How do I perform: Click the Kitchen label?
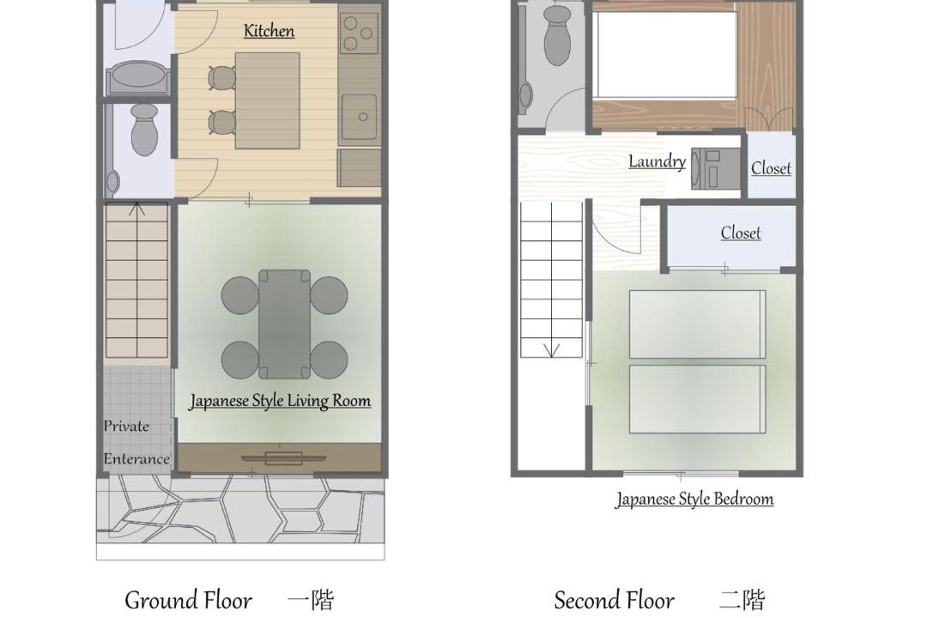point(269,31)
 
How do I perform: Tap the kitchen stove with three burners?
point(359,33)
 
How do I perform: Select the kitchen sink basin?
point(359,117)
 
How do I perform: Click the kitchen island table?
point(267,100)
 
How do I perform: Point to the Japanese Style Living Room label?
point(280,401)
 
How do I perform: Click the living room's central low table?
point(284,324)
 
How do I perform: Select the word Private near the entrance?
point(126,426)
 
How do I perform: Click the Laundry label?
point(657,161)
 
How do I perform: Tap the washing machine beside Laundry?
point(716,168)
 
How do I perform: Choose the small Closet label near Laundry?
point(771,168)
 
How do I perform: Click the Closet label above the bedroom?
point(740,233)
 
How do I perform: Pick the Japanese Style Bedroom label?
point(694,500)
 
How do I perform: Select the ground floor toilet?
point(144,130)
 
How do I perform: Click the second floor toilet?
point(557,35)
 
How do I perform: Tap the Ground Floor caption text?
point(189,600)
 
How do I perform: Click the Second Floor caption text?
point(615,600)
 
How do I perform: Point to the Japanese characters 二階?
point(742,600)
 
